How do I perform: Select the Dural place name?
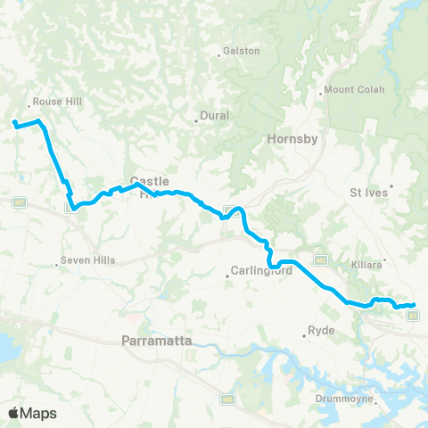(x=214, y=115)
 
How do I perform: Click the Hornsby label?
(x=287, y=139)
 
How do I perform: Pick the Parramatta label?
(x=152, y=339)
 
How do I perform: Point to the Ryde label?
(x=320, y=330)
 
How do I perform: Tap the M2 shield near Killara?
(x=318, y=260)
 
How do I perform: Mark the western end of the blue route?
(x=14, y=122)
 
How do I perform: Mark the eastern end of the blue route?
(x=413, y=306)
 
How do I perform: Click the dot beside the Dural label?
(x=196, y=121)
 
